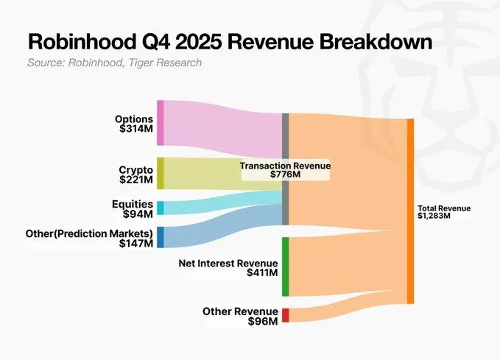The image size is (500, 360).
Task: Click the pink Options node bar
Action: (160, 123)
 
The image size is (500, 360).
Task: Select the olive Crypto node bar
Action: (160, 173)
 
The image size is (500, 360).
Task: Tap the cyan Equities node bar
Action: (160, 208)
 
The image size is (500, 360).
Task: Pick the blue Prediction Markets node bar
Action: (160, 237)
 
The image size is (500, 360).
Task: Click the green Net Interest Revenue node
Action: (285, 267)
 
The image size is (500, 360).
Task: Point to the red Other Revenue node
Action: (285, 315)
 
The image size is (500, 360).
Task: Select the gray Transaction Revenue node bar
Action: (285, 169)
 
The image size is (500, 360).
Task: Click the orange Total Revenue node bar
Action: (410, 211)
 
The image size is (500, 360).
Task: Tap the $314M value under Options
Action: (136, 129)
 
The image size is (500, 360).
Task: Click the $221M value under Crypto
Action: (136, 179)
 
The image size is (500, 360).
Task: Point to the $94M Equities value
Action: (138, 213)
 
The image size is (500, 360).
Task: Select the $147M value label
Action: (136, 244)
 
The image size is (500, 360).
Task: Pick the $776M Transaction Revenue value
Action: (285, 175)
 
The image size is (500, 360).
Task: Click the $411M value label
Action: (262, 273)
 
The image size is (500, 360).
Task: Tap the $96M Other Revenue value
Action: (264, 322)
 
